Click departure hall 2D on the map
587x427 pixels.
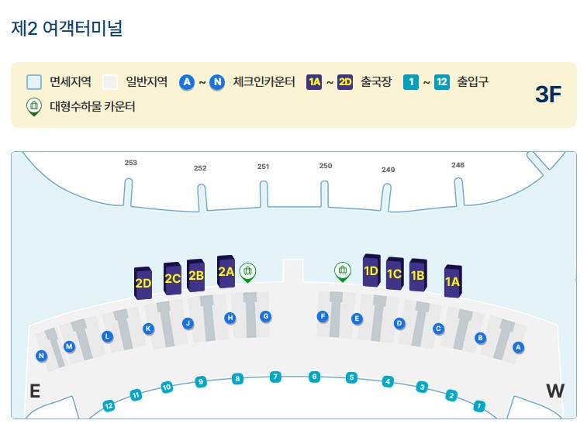click(x=143, y=283)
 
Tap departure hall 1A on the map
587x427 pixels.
click(x=452, y=281)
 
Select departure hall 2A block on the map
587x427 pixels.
click(x=226, y=271)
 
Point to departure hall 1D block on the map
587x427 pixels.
click(x=371, y=270)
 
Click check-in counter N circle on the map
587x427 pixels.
click(x=41, y=356)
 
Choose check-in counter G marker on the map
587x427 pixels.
click(x=265, y=316)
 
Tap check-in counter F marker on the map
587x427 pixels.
click(x=323, y=316)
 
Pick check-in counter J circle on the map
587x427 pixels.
click(x=188, y=323)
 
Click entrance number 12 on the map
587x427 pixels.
click(x=109, y=405)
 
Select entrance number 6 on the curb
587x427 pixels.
click(x=314, y=377)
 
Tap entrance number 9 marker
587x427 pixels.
click(x=201, y=381)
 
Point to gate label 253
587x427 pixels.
click(x=131, y=163)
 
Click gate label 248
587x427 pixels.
click(x=458, y=165)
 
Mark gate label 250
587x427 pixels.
click(x=326, y=166)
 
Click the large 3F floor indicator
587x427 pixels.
click(x=547, y=95)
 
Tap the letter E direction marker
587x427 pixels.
click(x=34, y=391)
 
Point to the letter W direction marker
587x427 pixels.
click(x=555, y=391)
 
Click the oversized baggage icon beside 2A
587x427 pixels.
click(x=248, y=270)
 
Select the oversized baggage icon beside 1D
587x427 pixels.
click(x=342, y=270)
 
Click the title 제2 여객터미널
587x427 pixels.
click(x=67, y=29)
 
